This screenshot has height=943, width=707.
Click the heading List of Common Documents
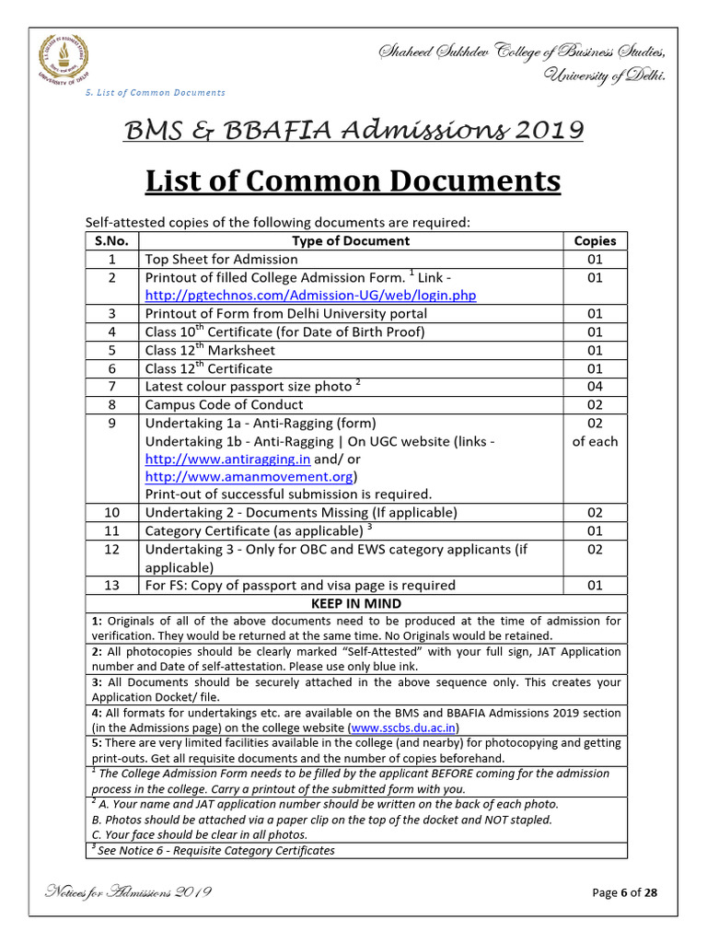tap(353, 181)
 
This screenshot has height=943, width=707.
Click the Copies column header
tap(595, 240)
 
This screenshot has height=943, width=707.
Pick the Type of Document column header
tap(351, 240)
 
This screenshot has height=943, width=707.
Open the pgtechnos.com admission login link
tap(310, 296)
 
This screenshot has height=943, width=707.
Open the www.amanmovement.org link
tap(249, 477)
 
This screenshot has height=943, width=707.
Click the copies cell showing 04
tap(595, 387)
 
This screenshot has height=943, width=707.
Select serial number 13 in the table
tap(111, 585)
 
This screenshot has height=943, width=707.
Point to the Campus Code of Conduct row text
tap(224, 404)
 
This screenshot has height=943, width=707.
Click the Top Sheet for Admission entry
tap(222, 259)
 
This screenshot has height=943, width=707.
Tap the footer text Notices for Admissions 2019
tap(129, 892)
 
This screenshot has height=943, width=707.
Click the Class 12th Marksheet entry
tap(210, 350)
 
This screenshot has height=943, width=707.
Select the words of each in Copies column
tap(595, 441)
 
